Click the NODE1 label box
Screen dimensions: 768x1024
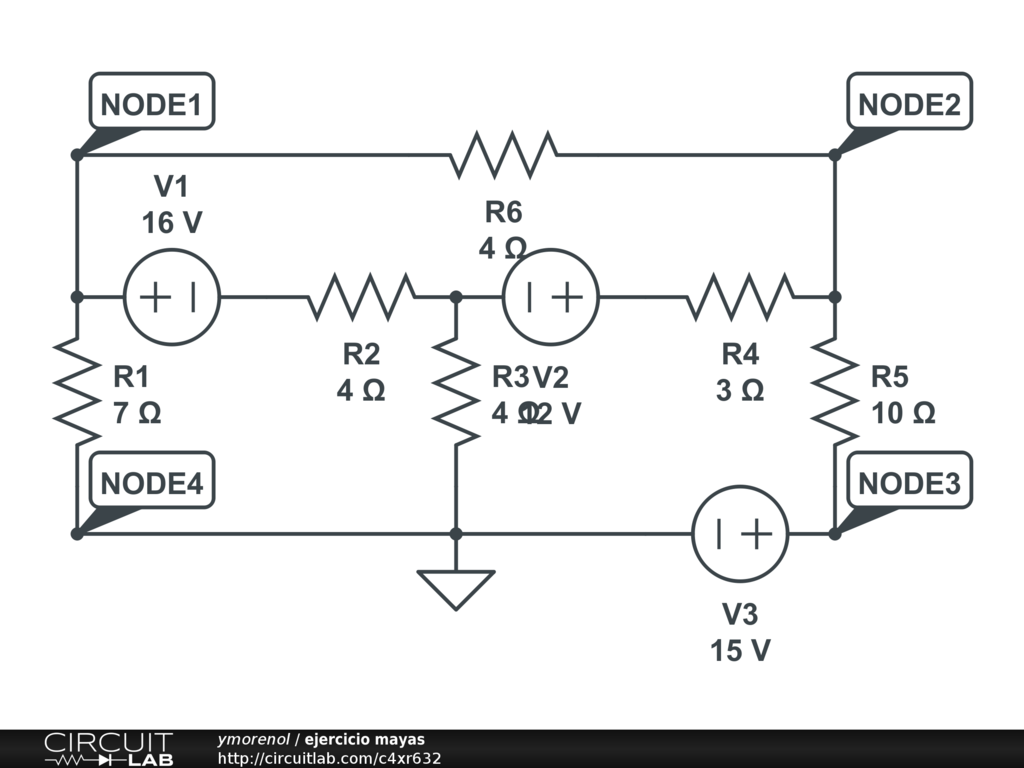point(152,102)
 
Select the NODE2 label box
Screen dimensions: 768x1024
point(909,102)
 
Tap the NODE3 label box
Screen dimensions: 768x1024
point(909,483)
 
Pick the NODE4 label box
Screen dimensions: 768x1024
point(152,483)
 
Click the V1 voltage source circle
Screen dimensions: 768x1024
point(172,297)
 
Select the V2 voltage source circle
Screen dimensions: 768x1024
point(551,297)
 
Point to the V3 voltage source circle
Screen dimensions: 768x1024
point(741,534)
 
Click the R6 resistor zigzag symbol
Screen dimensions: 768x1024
point(504,155)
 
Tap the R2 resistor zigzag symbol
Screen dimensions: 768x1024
point(361,297)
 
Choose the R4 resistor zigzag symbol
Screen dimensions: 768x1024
point(740,297)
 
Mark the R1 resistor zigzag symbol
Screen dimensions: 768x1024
point(77,390)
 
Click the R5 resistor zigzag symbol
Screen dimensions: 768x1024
point(835,390)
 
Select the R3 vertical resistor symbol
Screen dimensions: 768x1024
point(456,390)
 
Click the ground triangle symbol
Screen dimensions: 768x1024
point(456,588)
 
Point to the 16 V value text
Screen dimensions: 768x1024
point(172,223)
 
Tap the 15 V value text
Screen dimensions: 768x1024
point(741,650)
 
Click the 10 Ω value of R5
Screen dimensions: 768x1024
point(903,413)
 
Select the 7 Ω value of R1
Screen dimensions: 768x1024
point(137,413)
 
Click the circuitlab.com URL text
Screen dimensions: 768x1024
point(329,758)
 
